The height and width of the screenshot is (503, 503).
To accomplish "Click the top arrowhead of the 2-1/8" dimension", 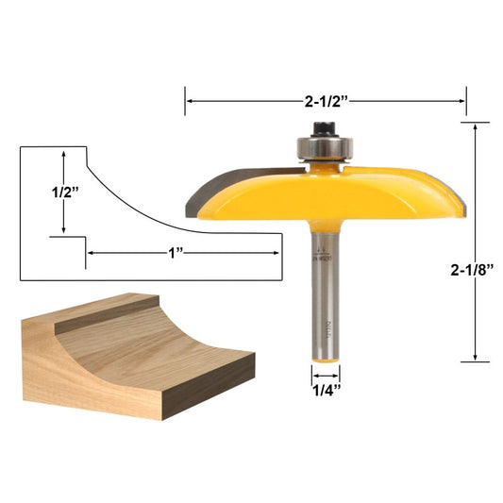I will [475, 127].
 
